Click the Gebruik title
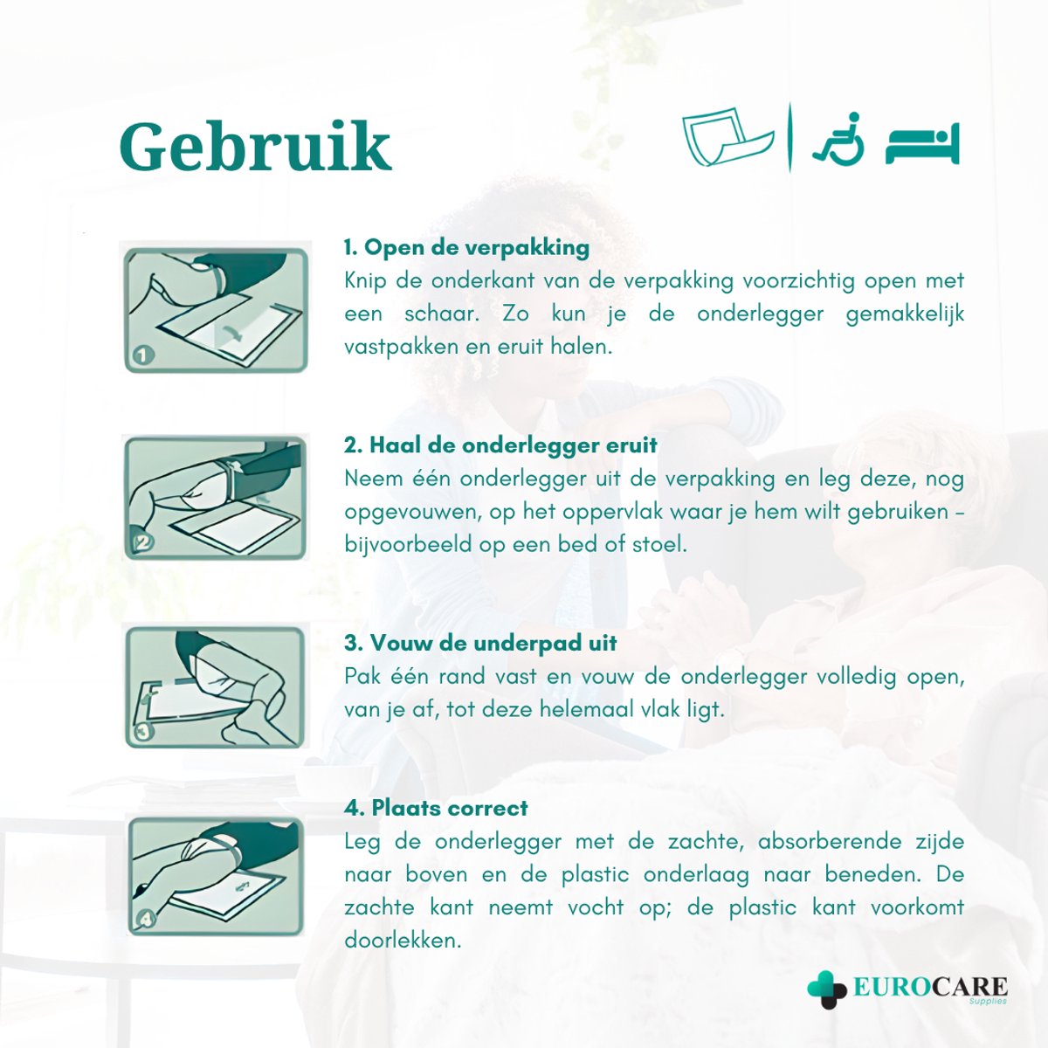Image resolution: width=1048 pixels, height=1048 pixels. click(255, 147)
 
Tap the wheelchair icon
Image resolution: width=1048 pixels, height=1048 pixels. click(838, 139)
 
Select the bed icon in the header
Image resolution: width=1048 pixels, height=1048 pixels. click(922, 145)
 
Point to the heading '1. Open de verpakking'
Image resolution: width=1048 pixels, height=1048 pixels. click(466, 247)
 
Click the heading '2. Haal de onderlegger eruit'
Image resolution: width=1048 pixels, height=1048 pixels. click(500, 445)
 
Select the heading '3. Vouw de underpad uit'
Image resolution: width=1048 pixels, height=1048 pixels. click(480, 643)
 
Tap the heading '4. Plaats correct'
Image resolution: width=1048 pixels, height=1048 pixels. click(436, 808)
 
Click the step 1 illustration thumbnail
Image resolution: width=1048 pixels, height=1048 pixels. click(216, 310)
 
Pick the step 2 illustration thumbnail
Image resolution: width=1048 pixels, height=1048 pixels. click(216, 498)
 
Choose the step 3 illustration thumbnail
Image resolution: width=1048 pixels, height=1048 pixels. click(216, 687)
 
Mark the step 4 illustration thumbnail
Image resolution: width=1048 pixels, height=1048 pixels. click(216, 876)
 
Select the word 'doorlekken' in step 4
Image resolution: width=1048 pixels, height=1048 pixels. click(401, 941)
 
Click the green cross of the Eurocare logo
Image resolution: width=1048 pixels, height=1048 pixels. click(826, 989)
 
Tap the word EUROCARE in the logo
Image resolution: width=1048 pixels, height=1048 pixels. click(929, 988)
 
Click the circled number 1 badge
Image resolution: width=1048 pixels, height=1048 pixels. click(143, 355)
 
